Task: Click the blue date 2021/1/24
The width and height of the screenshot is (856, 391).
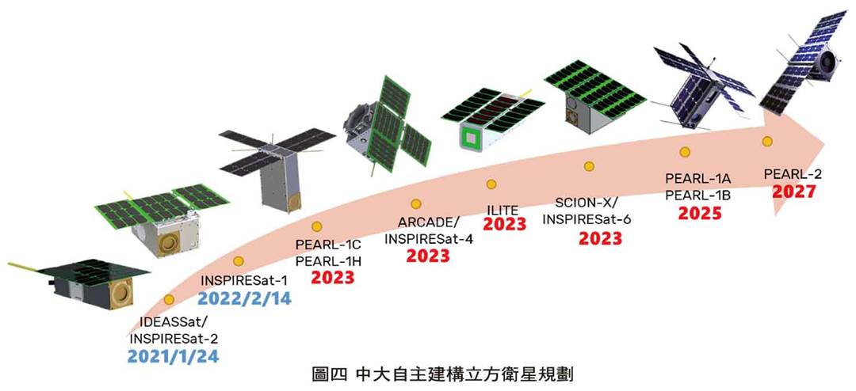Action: coord(173,356)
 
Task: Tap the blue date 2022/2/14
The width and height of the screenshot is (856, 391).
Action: coord(245,298)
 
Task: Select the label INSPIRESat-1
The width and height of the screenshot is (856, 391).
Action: coord(244,281)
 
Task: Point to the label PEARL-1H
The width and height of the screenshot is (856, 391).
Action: coord(329,261)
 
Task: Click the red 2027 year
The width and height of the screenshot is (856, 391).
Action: coord(794,192)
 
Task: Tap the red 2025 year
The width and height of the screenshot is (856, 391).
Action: coord(700,213)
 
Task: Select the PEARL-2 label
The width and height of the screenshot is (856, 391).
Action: coord(793,174)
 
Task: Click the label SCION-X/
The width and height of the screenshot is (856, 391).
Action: coord(587,203)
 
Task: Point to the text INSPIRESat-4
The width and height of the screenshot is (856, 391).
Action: coord(429,238)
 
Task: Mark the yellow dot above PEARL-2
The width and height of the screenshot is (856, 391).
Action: coord(767,141)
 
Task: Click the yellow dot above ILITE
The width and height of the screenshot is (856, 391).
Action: coord(491,184)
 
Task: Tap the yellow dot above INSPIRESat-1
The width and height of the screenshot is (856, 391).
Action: coord(238,261)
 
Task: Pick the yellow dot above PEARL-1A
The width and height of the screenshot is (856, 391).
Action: coord(685,152)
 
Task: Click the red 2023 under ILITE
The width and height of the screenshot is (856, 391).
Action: coord(504,224)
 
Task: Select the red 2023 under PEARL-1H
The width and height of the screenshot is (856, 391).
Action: coord(332,278)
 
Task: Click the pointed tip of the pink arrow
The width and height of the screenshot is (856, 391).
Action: coord(825,149)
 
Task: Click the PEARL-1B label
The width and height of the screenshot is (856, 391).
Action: coord(698,195)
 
